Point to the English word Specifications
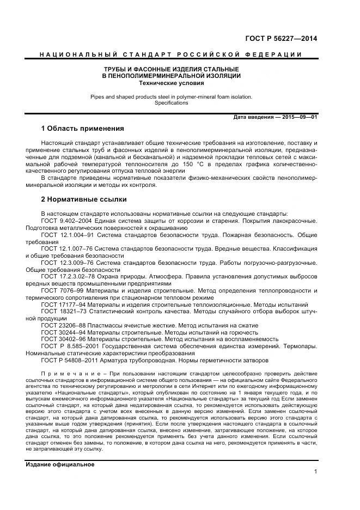pos(171,102)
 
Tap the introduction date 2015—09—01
pos(298,117)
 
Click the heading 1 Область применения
pos(83,129)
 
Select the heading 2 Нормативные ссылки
pos(84,199)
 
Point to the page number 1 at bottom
pos(315,472)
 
